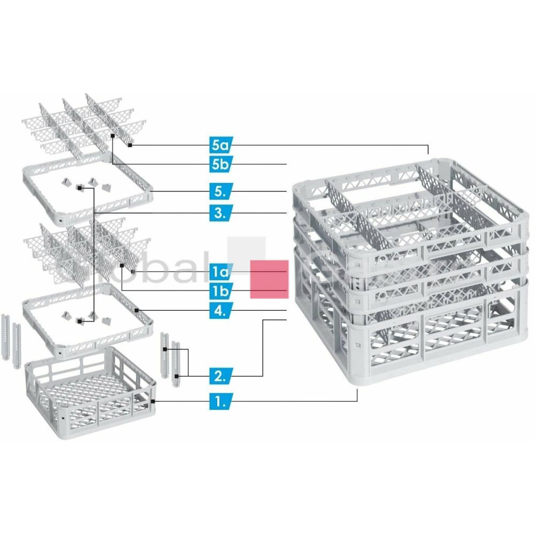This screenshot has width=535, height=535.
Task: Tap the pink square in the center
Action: pos(270,279)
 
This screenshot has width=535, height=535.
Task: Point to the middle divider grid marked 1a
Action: pos(86,246)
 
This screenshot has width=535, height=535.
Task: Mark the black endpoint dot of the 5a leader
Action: pos(130,144)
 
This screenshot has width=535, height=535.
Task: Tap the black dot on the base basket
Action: pos(153,400)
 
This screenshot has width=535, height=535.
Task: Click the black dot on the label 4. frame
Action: pos(137,310)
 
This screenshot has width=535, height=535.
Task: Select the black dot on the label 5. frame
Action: pos(152,191)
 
